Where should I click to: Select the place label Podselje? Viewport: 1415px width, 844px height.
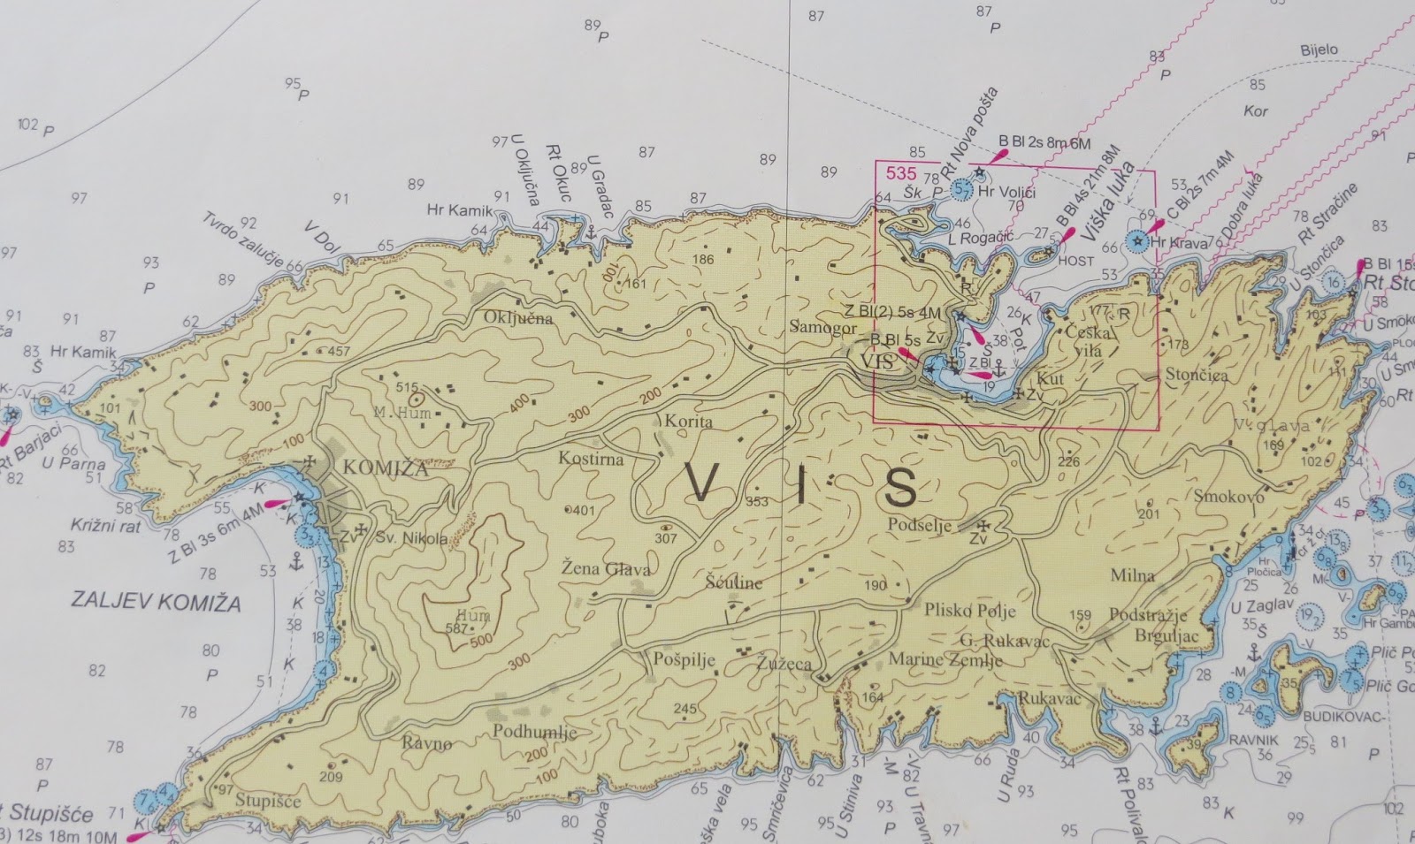[921, 526]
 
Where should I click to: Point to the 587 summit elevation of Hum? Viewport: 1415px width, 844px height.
[456, 629]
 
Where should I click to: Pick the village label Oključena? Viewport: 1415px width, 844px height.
[518, 318]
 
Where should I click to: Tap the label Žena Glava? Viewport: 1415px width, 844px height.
[607, 570]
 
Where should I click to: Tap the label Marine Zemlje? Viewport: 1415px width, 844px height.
[945, 660]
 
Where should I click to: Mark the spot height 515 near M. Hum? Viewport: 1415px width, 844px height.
[406, 387]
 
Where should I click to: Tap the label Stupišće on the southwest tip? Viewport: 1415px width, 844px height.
[269, 802]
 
